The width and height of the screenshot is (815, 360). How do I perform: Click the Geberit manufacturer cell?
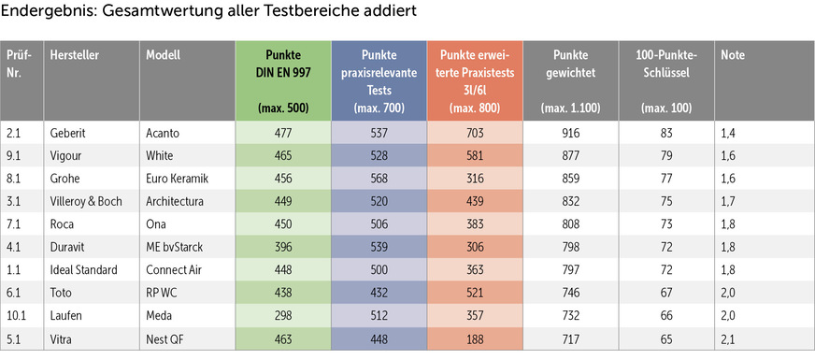(x=72, y=133)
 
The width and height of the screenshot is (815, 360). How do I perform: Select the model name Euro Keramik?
(x=177, y=178)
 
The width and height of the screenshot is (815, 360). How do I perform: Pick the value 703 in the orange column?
(x=476, y=133)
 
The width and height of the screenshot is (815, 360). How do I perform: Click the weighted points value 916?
(x=571, y=133)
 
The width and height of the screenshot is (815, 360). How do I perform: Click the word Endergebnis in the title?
(x=45, y=13)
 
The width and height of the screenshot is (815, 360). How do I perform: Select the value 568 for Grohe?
(x=379, y=178)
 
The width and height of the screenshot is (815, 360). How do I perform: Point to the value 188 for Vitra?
(x=476, y=337)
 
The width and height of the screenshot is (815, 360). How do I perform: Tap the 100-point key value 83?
(x=666, y=133)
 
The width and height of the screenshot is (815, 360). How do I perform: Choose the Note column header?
(x=732, y=55)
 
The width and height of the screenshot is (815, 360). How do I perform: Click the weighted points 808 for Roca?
(x=571, y=223)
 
